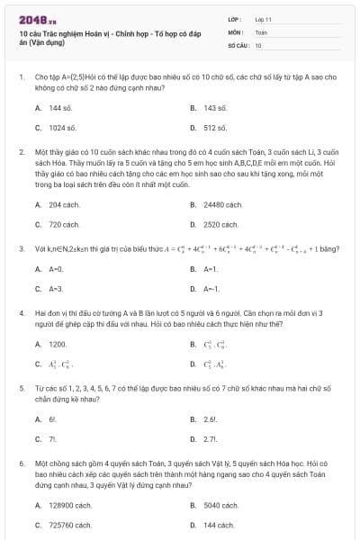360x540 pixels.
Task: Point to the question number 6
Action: click(21, 463)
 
